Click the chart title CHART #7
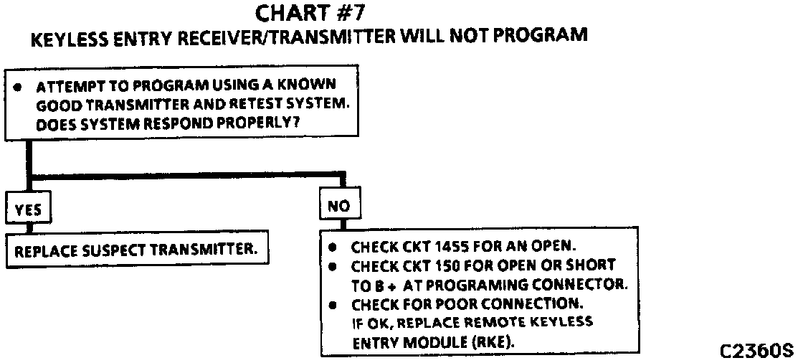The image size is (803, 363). click(310, 14)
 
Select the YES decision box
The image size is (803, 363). click(28, 208)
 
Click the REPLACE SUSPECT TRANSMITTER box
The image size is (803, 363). click(136, 252)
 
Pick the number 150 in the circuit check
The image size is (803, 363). click(449, 265)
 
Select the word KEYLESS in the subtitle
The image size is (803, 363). click(65, 37)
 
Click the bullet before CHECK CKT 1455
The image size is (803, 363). click(332, 247)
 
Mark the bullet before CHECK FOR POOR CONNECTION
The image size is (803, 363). click(332, 304)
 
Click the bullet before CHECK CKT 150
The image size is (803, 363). click(332, 265)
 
